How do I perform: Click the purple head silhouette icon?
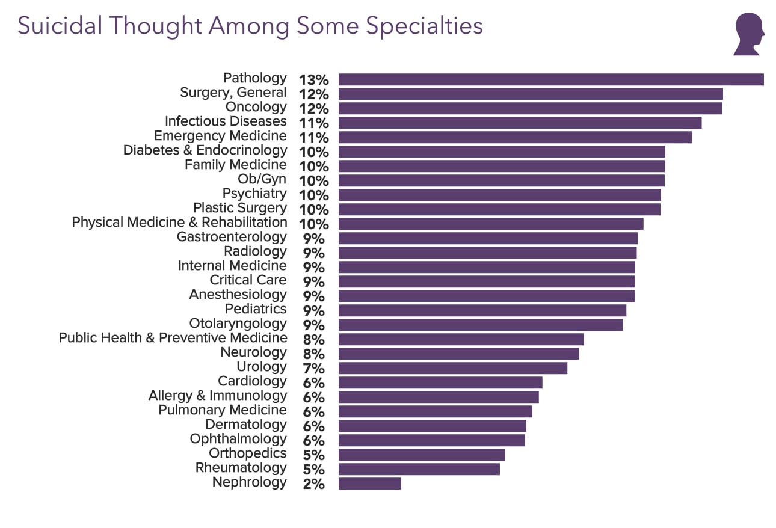click(749, 34)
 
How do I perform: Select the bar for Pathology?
click(550, 79)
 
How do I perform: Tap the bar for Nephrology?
click(369, 483)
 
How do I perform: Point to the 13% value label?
click(313, 80)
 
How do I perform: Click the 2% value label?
click(313, 484)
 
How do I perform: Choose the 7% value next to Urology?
click(313, 369)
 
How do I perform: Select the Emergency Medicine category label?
click(220, 136)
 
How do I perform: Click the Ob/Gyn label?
click(262, 179)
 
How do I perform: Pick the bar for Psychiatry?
click(499, 195)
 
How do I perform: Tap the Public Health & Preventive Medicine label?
click(173, 338)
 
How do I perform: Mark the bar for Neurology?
click(458, 354)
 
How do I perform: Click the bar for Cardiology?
click(440, 382)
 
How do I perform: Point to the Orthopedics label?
click(247, 453)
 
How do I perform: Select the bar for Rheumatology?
click(419, 469)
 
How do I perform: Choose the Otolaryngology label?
click(238, 324)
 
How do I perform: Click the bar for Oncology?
click(529, 108)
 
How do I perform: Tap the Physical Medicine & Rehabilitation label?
click(179, 223)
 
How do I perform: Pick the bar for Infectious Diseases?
click(520, 123)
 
